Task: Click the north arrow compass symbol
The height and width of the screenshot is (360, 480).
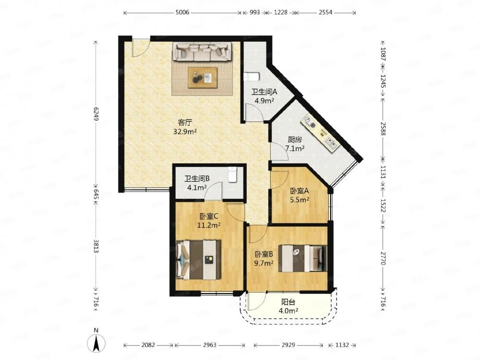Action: click(96, 341)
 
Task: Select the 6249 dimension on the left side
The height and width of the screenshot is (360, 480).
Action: click(96, 114)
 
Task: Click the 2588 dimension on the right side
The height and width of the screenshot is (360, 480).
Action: click(383, 128)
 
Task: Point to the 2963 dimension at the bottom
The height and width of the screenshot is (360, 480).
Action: click(209, 345)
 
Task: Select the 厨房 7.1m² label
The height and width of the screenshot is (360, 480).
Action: click(295, 144)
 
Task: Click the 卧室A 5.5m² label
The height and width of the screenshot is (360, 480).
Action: click(300, 195)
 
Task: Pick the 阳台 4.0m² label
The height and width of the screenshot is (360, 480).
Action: click(288, 306)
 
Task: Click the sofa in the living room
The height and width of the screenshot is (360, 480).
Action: click(202, 51)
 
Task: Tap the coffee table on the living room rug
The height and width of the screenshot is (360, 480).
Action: click(203, 77)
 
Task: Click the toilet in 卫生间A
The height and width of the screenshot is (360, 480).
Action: click(252, 76)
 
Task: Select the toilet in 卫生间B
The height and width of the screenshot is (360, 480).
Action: click(233, 174)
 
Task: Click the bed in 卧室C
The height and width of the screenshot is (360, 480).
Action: click(199, 260)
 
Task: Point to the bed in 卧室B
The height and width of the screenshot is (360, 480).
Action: click(302, 258)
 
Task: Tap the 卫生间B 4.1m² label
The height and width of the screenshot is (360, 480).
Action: click(197, 183)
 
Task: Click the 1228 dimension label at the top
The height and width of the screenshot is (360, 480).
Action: click(280, 12)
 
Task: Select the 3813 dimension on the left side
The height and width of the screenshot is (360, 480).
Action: click(96, 246)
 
